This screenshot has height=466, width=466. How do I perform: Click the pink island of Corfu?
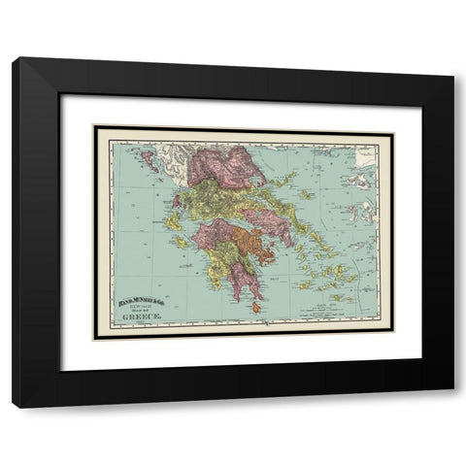point(149,158)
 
